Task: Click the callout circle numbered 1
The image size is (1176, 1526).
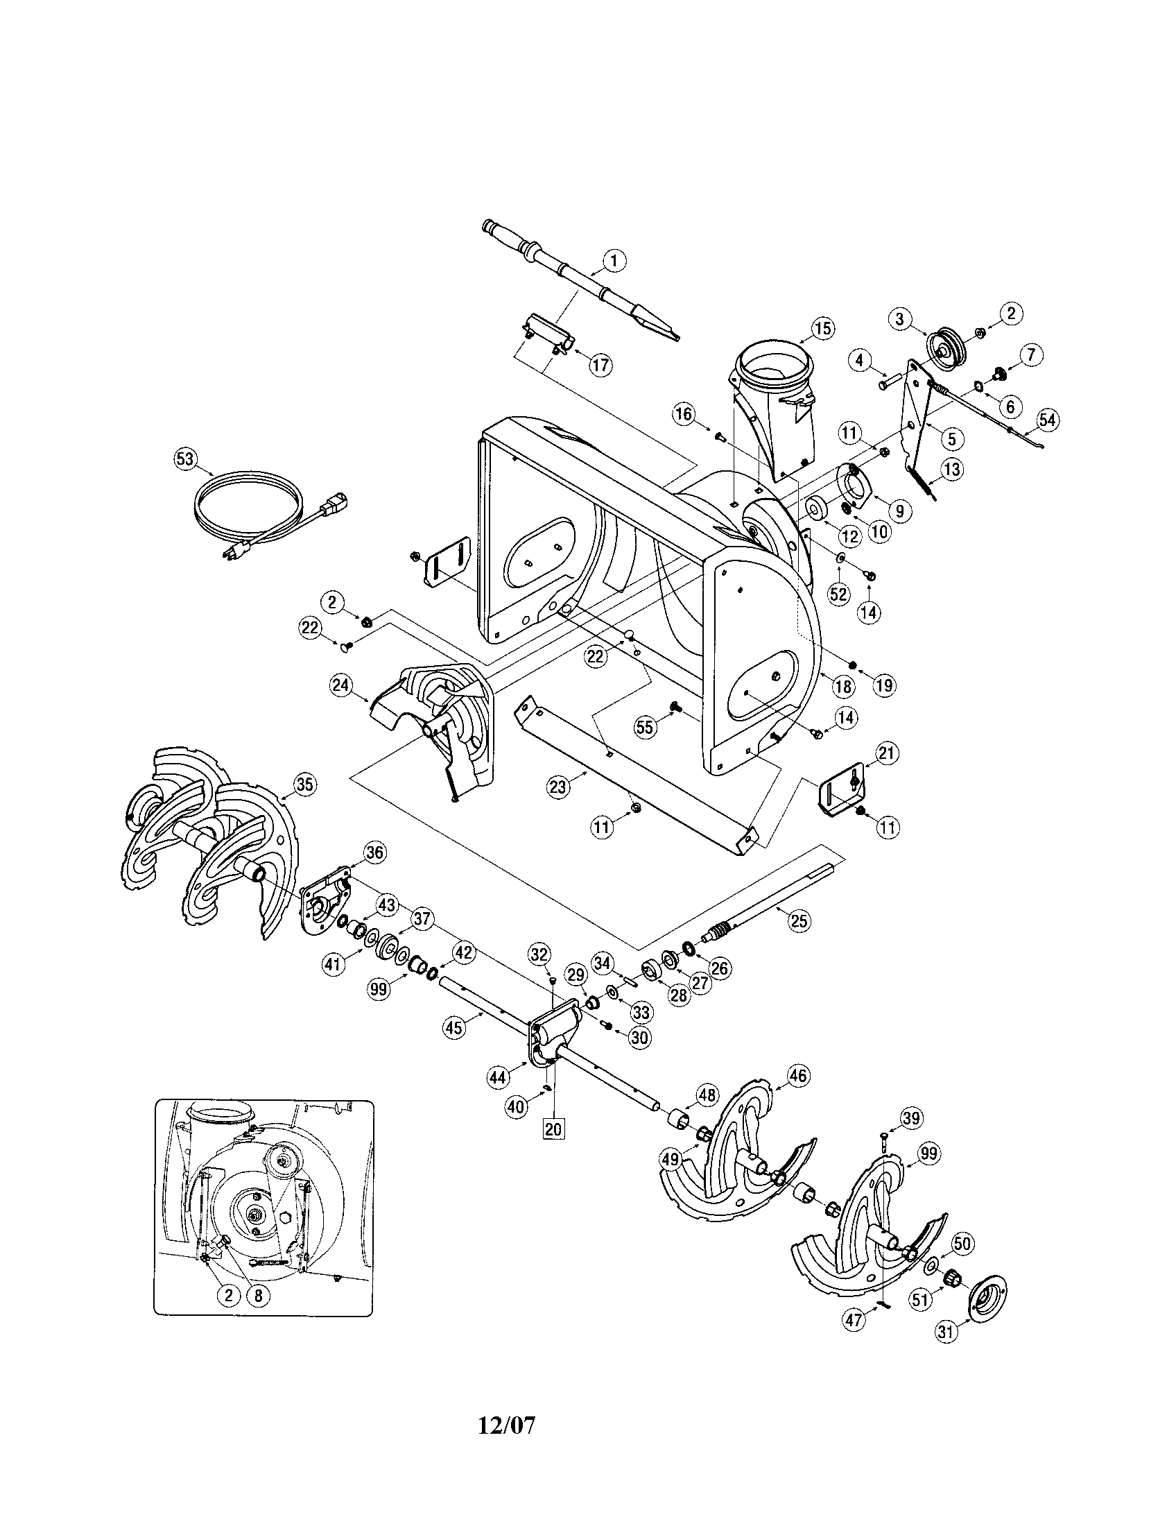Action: pos(614,262)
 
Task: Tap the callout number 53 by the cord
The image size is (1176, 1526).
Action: pos(184,458)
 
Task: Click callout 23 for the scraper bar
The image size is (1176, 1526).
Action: pos(558,787)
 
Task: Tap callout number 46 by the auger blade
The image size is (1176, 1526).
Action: pos(799,1075)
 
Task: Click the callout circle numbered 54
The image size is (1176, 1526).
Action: pos(1047,419)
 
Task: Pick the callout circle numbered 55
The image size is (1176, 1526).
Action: pos(646,728)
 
